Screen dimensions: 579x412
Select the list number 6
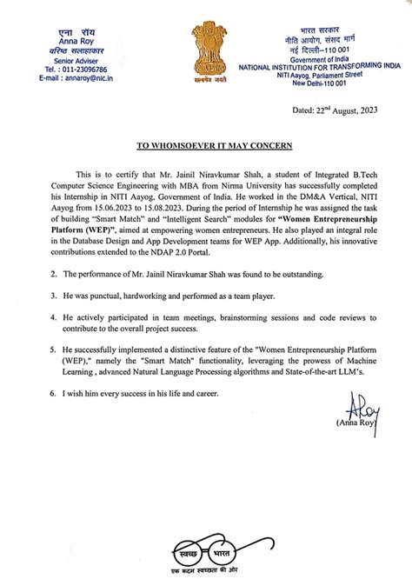click(30, 395)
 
